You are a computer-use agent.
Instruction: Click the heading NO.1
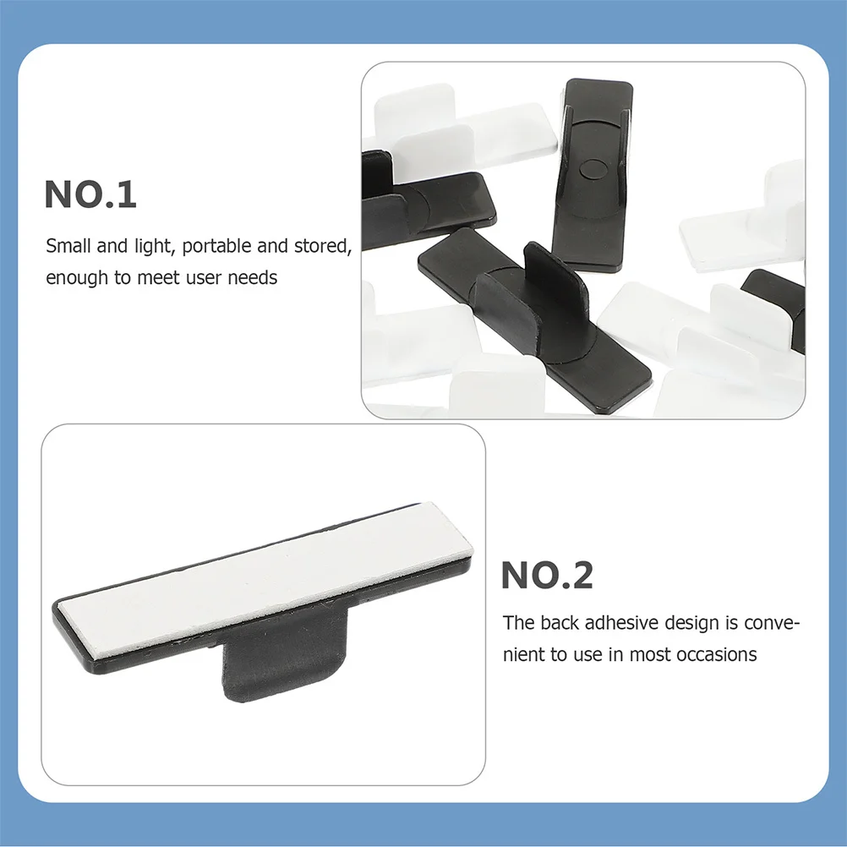click(90, 194)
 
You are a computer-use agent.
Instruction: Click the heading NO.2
click(547, 576)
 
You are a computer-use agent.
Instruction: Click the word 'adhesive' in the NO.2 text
click(621, 623)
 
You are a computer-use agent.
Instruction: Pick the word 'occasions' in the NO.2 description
click(717, 654)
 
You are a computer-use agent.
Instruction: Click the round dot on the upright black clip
click(590, 168)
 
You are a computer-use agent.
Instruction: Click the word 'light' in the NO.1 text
click(154, 246)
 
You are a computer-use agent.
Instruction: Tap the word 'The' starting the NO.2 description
click(517, 623)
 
